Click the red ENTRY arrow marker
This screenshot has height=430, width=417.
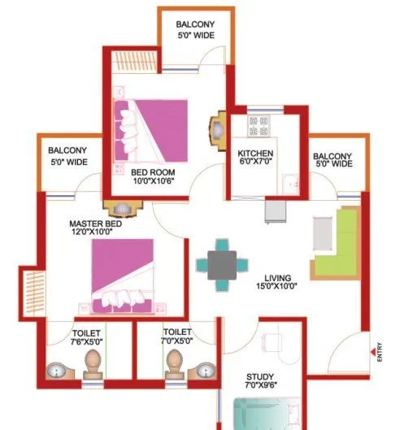pos(379,351)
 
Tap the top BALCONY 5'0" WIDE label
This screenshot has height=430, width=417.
pos(196,30)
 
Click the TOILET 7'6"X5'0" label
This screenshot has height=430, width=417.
pos(86,337)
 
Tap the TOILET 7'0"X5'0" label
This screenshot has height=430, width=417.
pos(176,337)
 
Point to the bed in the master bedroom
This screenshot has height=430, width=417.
pos(123,276)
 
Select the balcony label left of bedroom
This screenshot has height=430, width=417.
pos(67,156)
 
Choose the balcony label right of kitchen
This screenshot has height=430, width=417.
pos(332,159)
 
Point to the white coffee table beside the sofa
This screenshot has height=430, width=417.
pos(323,235)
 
